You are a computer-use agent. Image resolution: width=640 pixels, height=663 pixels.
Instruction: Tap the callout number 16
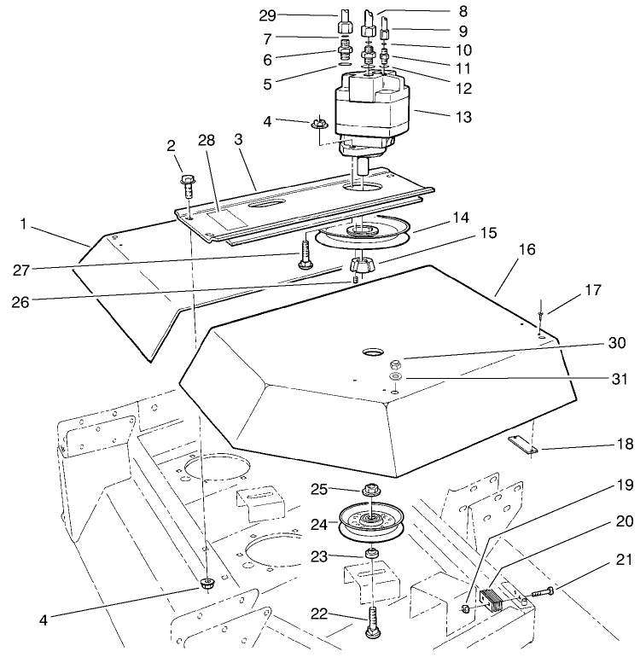point(526,252)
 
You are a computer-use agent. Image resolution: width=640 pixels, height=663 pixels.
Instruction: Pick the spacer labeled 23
point(372,556)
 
